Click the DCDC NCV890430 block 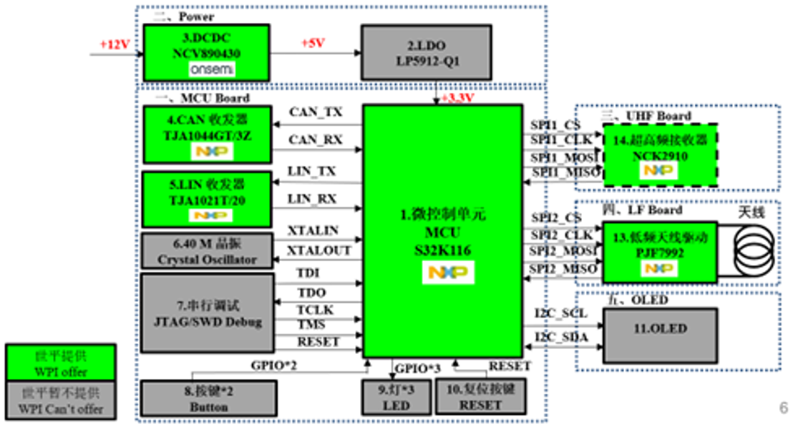[x=206, y=52]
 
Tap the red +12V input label [x=115, y=44]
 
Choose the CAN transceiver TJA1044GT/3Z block [x=208, y=134]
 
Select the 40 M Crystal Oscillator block [x=208, y=251]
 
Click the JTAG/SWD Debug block [x=208, y=313]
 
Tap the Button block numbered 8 [x=208, y=398]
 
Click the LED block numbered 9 [x=396, y=398]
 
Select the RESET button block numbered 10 [x=480, y=398]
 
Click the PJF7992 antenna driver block [x=659, y=252]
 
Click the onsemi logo [x=211, y=69]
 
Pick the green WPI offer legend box [x=60, y=363]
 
